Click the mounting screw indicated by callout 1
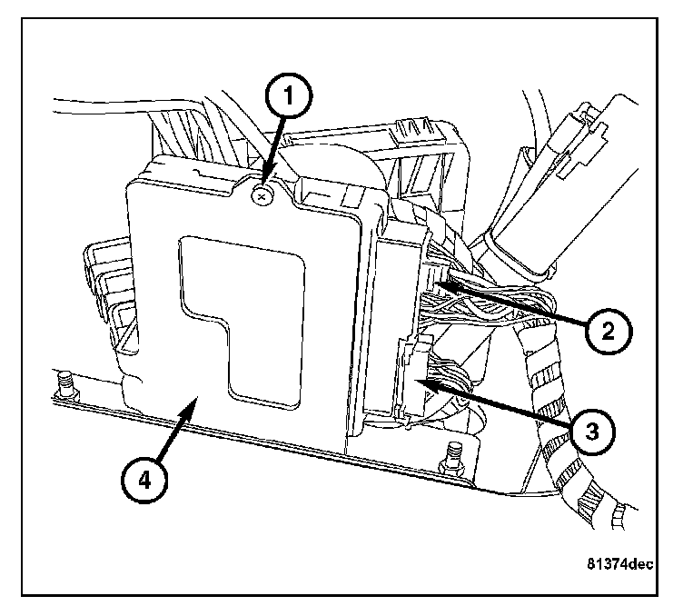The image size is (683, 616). [262, 193]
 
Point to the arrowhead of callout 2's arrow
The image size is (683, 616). [440, 286]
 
